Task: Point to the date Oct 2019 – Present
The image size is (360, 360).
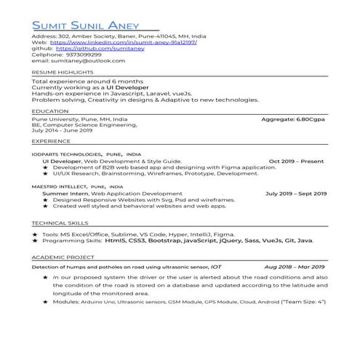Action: tap(297, 161)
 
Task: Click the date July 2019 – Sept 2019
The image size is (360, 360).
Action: tap(296, 193)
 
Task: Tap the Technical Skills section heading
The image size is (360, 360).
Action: tap(60, 223)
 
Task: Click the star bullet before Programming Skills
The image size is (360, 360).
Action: tap(35, 240)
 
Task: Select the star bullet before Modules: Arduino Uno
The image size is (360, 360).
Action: tap(46, 300)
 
